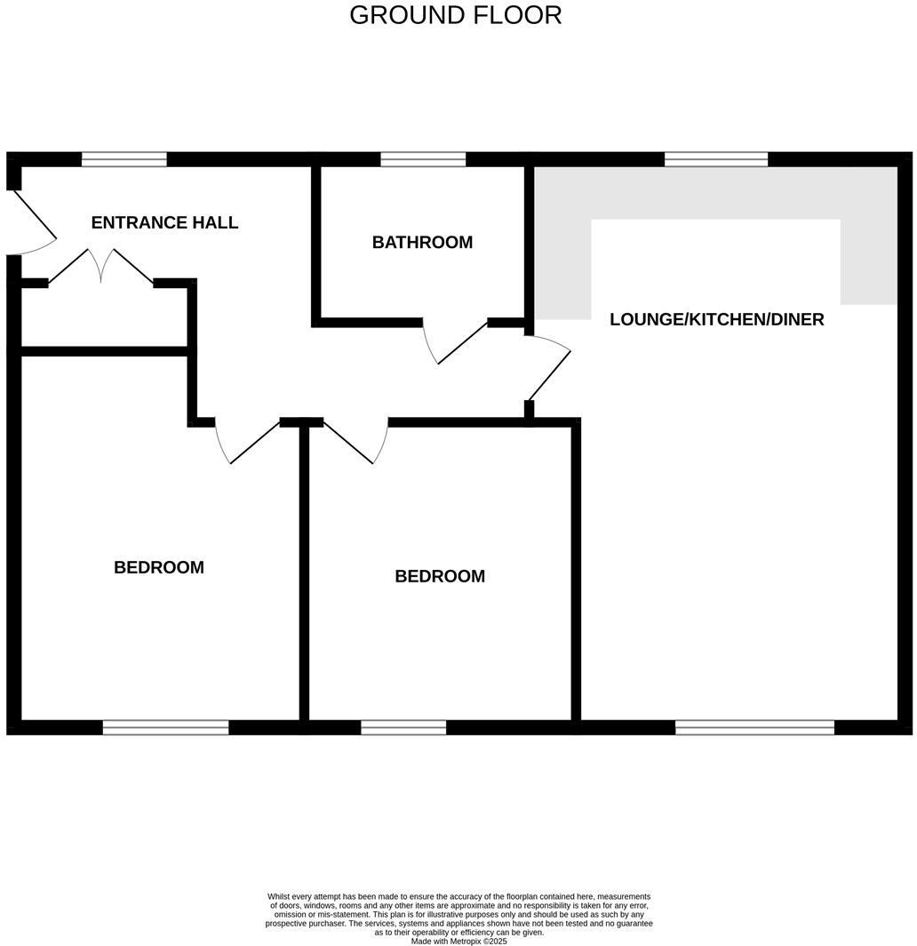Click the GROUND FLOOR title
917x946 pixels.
455,15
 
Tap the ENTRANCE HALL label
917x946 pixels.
164,222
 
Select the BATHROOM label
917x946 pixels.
422,242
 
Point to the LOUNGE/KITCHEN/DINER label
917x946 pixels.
716,319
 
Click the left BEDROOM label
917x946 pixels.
159,567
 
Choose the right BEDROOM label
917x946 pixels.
440,576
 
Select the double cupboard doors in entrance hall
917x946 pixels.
101,265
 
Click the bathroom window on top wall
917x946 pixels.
423,160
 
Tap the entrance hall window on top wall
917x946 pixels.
124,160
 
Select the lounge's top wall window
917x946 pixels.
716,160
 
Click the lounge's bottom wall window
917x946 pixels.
754,727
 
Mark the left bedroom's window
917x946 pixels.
166,727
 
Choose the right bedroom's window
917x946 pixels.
403,727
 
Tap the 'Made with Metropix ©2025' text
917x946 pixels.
458,941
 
